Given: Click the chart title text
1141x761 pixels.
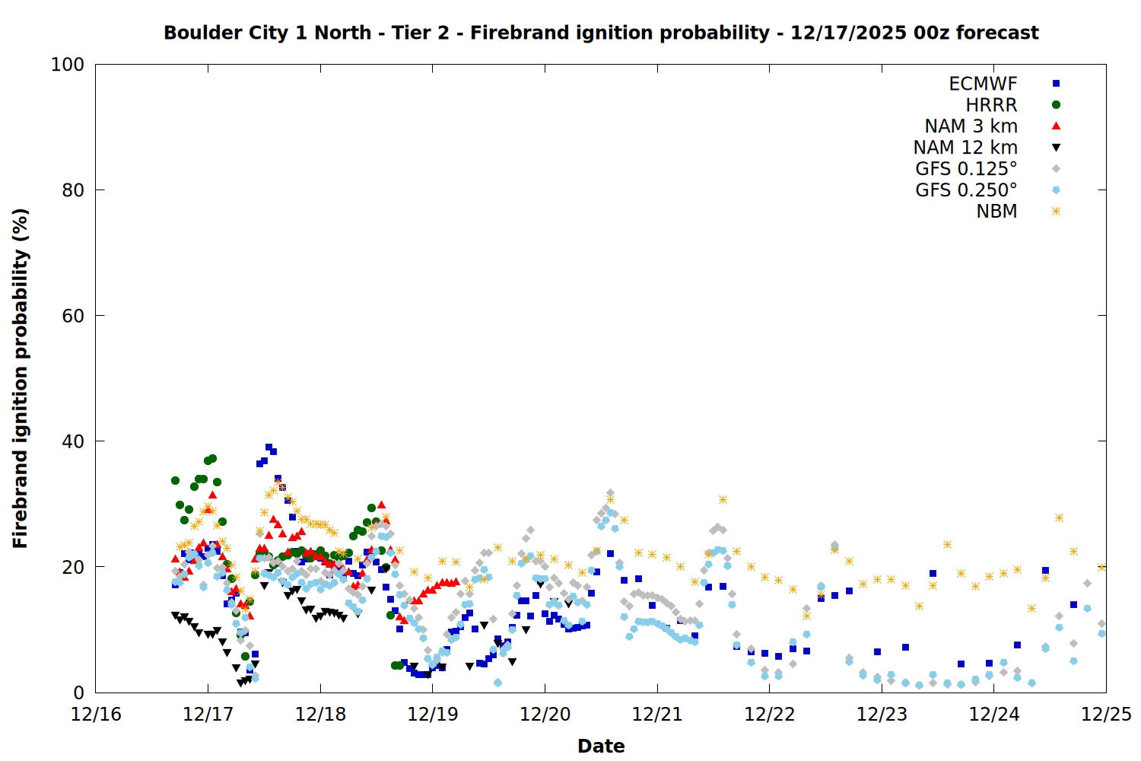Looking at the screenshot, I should (601, 33).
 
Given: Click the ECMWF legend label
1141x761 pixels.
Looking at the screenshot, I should (983, 84).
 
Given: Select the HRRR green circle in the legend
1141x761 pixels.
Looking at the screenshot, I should (1056, 105).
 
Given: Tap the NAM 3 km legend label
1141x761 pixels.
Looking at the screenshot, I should (971, 126).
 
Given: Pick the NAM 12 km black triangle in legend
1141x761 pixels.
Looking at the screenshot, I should (1056, 148).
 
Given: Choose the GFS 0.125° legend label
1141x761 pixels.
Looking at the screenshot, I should (966, 169).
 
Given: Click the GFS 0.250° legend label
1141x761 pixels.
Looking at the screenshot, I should (966, 190).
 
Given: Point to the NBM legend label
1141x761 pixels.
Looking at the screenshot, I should (996, 212).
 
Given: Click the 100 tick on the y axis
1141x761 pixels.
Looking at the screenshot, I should (68, 65).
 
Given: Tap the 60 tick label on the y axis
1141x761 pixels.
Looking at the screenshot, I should (73, 316).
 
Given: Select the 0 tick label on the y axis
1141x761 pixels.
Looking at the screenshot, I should (78, 693).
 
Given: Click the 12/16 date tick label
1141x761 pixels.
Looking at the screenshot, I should (96, 715).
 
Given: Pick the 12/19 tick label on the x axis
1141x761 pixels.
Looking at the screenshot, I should (433, 715).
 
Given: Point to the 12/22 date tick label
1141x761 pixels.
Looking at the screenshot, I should (770, 715).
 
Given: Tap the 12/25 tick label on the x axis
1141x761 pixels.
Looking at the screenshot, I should (1106, 715).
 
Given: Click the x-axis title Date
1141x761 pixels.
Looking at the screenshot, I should (601, 746).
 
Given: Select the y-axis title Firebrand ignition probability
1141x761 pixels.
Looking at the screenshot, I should (21, 378).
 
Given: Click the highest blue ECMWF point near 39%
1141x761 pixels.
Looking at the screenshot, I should (269, 447).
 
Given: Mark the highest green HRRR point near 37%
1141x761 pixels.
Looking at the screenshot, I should (212, 459).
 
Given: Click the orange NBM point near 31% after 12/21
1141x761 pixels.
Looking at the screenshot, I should (723, 499).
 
